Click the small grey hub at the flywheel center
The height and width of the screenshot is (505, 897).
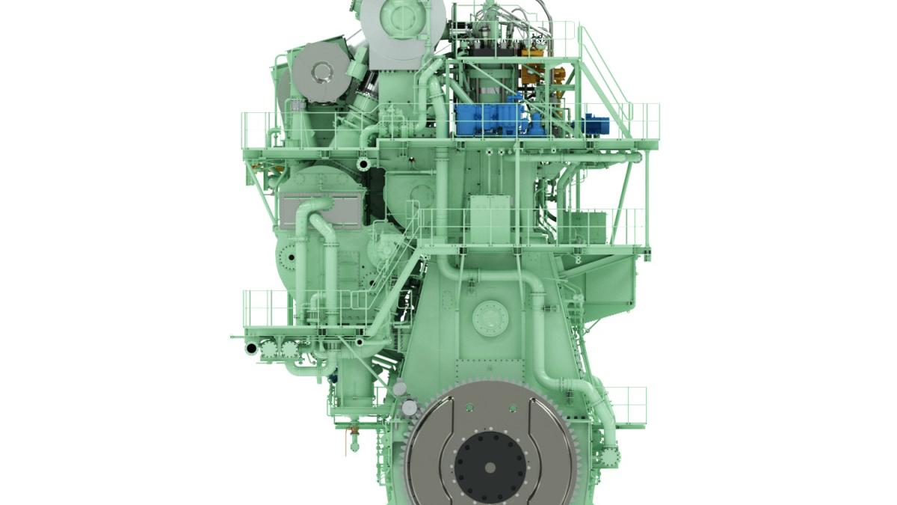(490, 468)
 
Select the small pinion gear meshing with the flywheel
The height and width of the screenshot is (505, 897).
(408, 407)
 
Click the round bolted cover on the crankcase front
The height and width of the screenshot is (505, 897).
(490, 318)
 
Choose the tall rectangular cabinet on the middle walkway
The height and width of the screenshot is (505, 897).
(490, 218)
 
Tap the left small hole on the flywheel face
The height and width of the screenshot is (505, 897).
(469, 407)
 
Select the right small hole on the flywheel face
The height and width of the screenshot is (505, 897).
(513, 407)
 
